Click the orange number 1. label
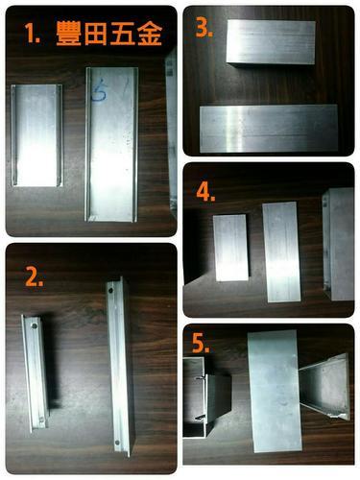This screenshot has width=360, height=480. click(32, 33)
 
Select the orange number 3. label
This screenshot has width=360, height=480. click(204, 29)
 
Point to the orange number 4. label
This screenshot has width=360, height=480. click(205, 192)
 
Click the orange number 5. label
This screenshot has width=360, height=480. click(201, 343)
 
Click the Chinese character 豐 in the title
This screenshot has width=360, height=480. click(68, 34)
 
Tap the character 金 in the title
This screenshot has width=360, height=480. click(150, 34)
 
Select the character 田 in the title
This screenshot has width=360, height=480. click(95, 34)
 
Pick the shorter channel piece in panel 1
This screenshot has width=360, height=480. click(36, 135)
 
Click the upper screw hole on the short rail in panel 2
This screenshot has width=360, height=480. click(34, 326)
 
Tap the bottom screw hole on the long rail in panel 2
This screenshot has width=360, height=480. click(117, 443)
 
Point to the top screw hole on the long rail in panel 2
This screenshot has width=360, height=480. click(110, 291)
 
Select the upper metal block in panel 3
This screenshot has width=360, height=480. click(271, 42)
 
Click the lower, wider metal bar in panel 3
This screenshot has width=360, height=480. click(269, 129)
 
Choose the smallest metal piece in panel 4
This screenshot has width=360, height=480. click(231, 248)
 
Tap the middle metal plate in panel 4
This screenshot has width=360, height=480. click(281, 252)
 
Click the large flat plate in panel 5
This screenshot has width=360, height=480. click(276, 392)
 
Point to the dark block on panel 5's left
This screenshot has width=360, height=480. click(219, 396)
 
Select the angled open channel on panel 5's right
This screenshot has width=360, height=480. click(325, 387)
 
